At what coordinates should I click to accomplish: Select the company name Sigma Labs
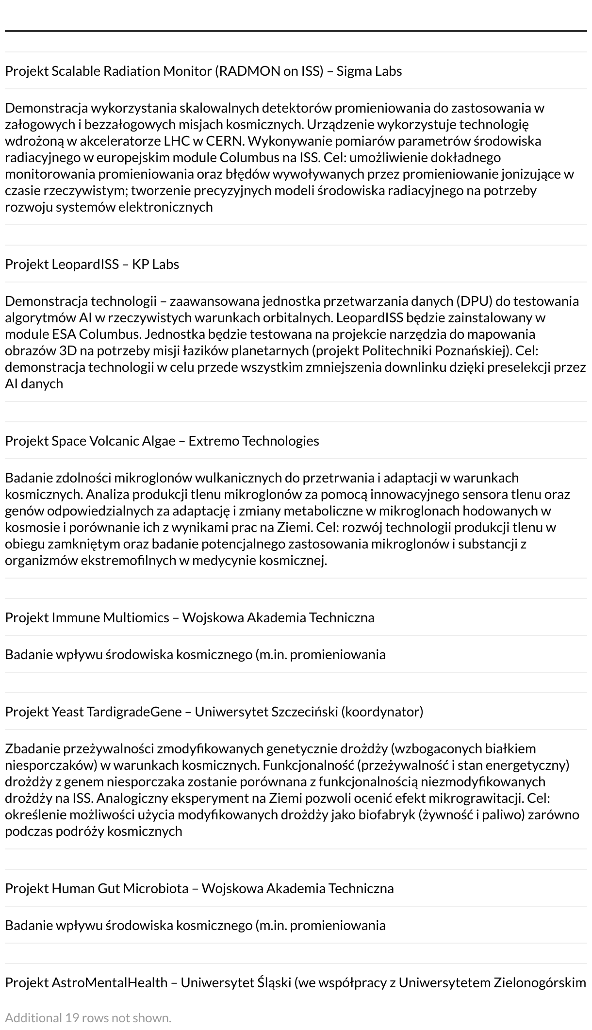(369, 71)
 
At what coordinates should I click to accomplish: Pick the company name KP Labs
(155, 264)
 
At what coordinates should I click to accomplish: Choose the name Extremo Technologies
(254, 441)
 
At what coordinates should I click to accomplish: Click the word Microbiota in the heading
(155, 888)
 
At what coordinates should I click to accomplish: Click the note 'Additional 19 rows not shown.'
(88, 1017)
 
